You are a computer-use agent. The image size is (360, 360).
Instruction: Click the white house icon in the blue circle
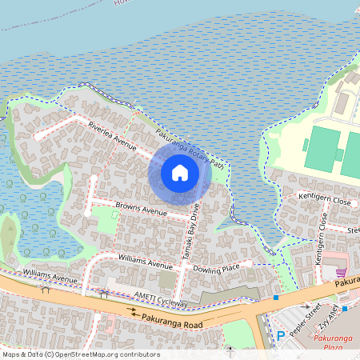180,172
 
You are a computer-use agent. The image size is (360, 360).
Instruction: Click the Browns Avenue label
141,209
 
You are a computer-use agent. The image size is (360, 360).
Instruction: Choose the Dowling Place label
215,269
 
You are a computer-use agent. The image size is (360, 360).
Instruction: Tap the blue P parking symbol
280,335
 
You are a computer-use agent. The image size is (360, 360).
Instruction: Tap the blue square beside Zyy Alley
343,308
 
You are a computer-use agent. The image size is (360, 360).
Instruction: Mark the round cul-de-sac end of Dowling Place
249,263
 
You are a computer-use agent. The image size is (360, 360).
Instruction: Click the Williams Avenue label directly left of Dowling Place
145,262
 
